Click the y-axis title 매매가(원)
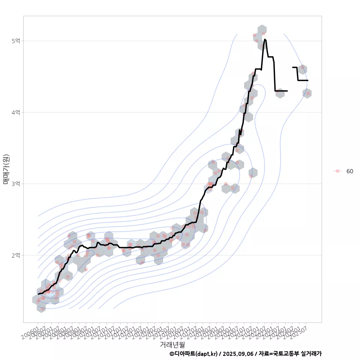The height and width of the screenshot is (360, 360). pos(6,169)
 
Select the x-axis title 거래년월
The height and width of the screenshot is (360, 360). pos(172,344)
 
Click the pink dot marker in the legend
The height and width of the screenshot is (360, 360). pos(337,171)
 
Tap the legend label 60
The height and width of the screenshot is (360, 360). pos(349,171)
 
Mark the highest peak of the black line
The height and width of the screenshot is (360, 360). pos(265,39)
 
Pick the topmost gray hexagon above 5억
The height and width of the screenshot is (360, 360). pos(262,30)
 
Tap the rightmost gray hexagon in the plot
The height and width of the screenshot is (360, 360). pos(307,93)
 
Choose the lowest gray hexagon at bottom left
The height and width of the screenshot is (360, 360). pos(41,307)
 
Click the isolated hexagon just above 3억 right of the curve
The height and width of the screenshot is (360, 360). pos(253,173)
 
